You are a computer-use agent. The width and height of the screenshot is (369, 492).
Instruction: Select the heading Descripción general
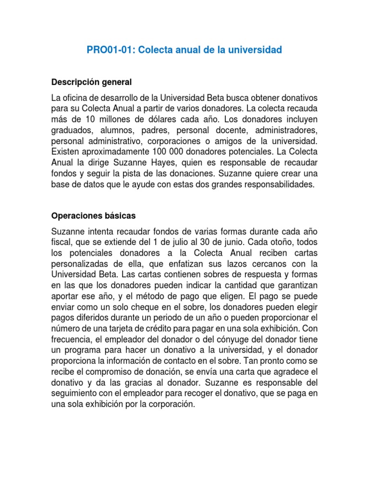pyautogui.click(x=91, y=82)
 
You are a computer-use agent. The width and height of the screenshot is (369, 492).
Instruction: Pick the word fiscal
pyautogui.click(x=61, y=242)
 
